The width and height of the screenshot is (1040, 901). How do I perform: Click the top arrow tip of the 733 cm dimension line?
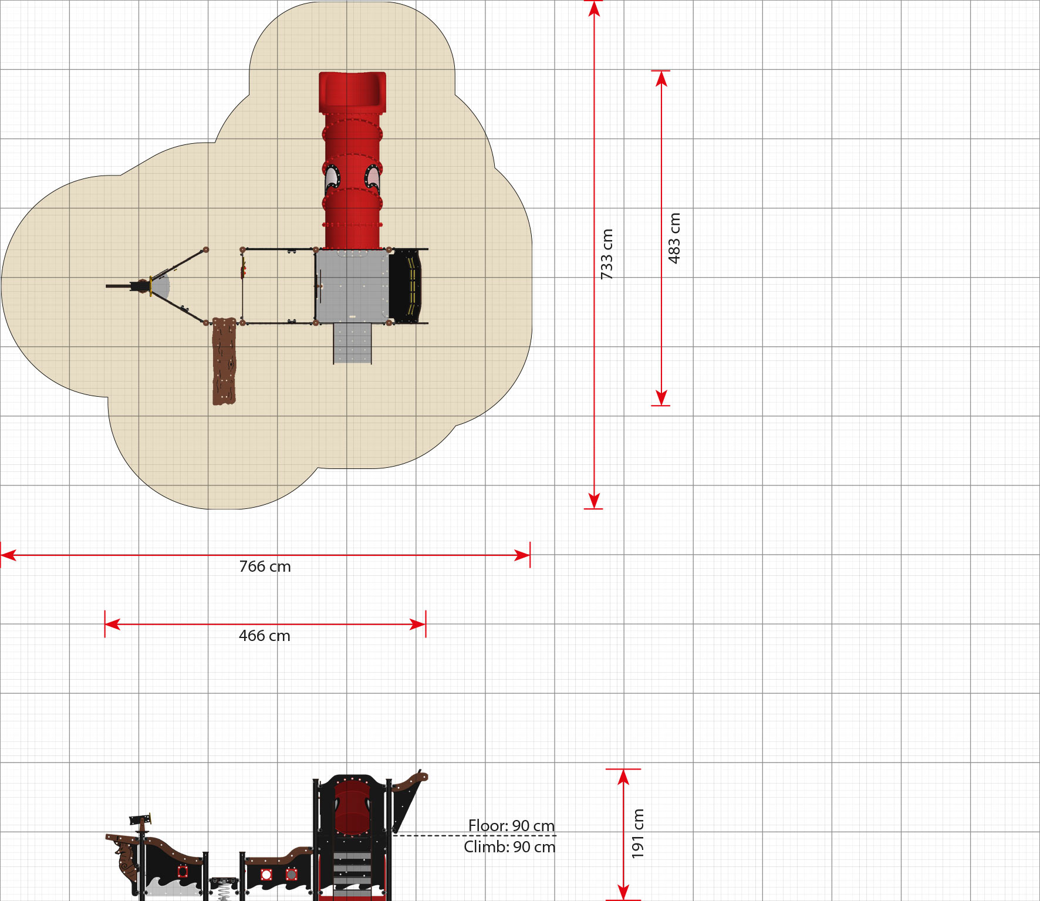click(595, 1)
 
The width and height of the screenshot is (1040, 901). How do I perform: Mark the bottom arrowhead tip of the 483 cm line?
click(661, 405)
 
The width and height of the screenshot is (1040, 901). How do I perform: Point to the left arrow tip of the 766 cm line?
click(1, 555)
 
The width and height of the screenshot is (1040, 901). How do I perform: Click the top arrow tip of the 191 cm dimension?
click(623, 770)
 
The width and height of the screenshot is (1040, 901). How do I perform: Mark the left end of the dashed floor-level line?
click(392, 835)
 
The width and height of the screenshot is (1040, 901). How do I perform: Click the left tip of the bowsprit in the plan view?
click(106, 286)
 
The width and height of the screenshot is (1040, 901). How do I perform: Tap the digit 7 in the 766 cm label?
click(244, 566)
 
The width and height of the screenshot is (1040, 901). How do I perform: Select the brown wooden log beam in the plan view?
click(224, 362)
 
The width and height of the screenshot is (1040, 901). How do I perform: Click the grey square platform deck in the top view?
click(352, 286)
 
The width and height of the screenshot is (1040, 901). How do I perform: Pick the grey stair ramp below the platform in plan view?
click(353, 343)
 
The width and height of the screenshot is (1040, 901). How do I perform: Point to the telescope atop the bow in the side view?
click(141, 819)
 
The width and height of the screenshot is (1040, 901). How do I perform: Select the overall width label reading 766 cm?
click(265, 566)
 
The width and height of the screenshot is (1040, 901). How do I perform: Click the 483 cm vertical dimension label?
click(674, 238)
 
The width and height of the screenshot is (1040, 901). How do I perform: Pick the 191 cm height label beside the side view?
click(638, 833)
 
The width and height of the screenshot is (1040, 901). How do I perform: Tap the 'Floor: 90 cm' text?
click(511, 826)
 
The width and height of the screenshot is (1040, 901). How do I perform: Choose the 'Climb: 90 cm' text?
click(509, 847)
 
